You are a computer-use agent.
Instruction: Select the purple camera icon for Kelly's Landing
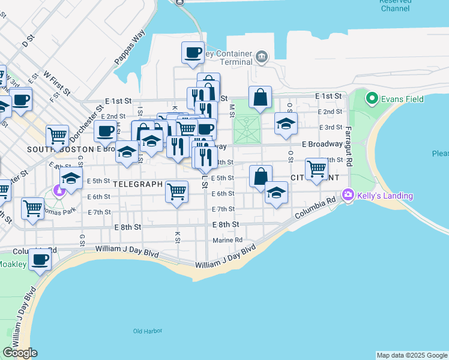click(x=347, y=195)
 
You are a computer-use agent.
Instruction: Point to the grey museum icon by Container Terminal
click(x=262, y=58)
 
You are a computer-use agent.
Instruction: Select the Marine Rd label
click(x=228, y=241)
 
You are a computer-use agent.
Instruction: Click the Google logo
click(x=20, y=353)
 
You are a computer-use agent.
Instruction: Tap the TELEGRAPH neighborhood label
click(x=138, y=184)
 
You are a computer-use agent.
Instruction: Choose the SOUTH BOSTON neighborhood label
click(x=58, y=148)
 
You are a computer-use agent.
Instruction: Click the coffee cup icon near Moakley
click(x=40, y=260)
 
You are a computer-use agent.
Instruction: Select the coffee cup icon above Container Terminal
click(x=193, y=52)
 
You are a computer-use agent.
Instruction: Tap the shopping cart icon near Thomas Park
click(x=32, y=208)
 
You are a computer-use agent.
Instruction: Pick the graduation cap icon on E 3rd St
click(x=286, y=123)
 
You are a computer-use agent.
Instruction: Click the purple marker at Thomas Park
click(x=59, y=192)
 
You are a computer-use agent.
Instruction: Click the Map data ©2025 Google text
click(x=411, y=355)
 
